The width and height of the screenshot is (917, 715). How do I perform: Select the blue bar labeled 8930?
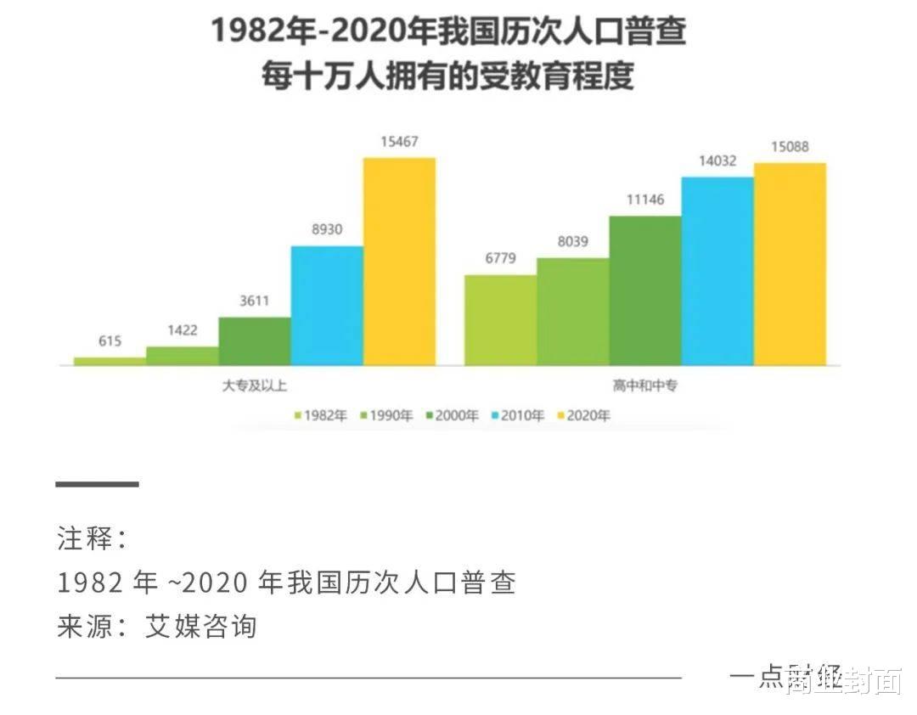[327, 306]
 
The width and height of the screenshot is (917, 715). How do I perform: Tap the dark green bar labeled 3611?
[255, 341]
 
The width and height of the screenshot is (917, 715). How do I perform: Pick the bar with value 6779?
[500, 320]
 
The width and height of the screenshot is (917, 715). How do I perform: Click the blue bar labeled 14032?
[717, 271]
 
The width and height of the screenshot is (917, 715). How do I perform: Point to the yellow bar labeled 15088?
[790, 264]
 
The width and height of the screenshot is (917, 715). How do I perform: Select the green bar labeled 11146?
[645, 290]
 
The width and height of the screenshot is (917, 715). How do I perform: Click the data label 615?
[110, 341]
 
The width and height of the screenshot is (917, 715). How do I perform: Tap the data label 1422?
[182, 330]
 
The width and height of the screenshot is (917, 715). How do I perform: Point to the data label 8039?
[572, 241]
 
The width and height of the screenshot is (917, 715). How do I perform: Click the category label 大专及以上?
[254, 386]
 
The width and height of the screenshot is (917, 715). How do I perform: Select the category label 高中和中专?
[644, 386]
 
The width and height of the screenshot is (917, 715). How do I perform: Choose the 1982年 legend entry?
[320, 415]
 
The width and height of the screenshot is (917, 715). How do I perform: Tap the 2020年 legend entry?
[583, 415]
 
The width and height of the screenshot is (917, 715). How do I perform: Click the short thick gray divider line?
[97, 484]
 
